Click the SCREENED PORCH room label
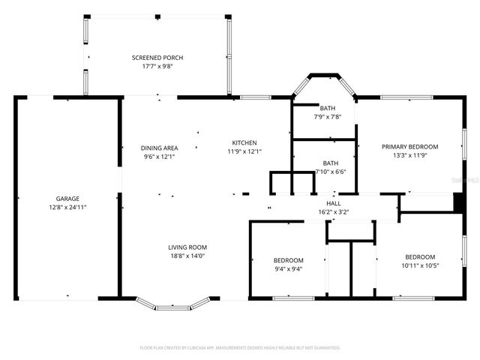[x=157, y=58]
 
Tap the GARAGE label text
[x=67, y=199]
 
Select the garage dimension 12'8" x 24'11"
[x=67, y=207]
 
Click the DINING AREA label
[x=160, y=148]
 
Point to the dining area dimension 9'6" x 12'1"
[x=160, y=156]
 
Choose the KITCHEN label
[x=244, y=142]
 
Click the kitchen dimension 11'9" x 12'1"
[x=244, y=151]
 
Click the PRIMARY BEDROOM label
[x=409, y=147]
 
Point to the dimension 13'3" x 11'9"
[x=409, y=155]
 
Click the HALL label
[x=333, y=203]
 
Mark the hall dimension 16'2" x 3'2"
[x=333, y=211]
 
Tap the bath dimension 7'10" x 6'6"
[x=331, y=172]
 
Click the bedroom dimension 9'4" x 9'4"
[x=288, y=268]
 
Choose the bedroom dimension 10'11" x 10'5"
[x=420, y=265]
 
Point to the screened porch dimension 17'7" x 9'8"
[x=157, y=66]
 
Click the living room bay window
[x=173, y=304]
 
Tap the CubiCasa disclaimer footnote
[x=240, y=348]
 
